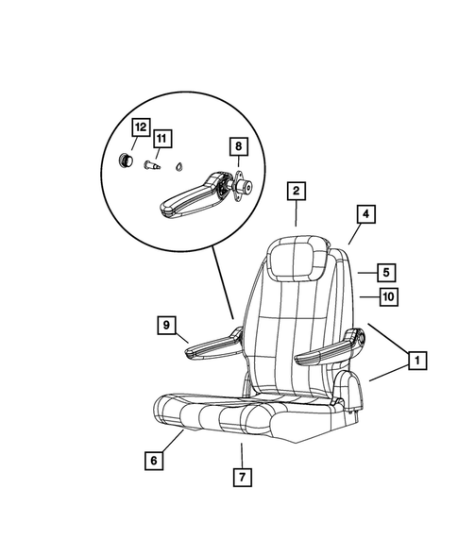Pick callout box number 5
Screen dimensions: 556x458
[x=386, y=272]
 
